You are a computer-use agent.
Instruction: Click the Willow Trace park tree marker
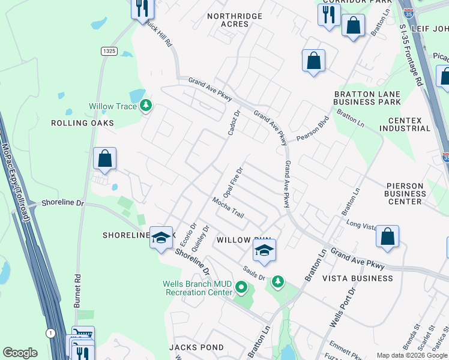(145, 106)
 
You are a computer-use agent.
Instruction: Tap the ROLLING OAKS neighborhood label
(82, 123)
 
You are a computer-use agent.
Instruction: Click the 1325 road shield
(109, 52)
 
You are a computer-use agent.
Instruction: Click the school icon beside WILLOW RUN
(264, 251)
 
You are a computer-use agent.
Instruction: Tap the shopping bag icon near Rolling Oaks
(104, 160)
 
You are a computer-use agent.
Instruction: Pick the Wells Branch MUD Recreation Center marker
(241, 287)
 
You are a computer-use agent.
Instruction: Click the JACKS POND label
(196, 347)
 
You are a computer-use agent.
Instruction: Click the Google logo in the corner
(20, 353)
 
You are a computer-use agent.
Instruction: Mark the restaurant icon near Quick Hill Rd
(142, 8)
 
